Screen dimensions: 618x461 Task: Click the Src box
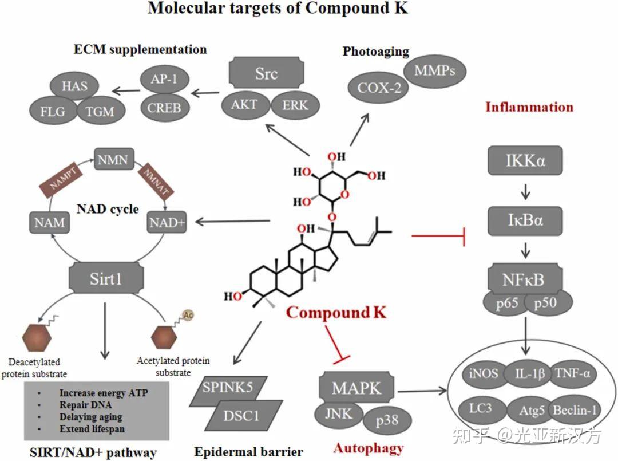click(267, 73)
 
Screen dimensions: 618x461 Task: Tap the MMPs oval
click(435, 71)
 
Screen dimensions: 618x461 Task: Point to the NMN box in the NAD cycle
click(114, 159)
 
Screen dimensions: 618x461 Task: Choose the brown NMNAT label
click(156, 182)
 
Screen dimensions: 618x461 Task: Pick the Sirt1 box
click(106, 278)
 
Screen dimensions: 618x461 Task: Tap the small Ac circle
click(188, 315)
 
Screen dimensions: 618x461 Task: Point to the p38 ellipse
click(387, 420)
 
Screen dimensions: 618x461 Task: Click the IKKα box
click(525, 160)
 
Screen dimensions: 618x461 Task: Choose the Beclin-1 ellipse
click(574, 410)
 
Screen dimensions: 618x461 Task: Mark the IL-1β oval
click(530, 373)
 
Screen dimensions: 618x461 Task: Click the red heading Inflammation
click(529, 107)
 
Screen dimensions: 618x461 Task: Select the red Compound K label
click(336, 312)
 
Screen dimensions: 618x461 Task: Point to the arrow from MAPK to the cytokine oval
click(422, 391)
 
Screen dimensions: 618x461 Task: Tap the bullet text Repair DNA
click(85, 405)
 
